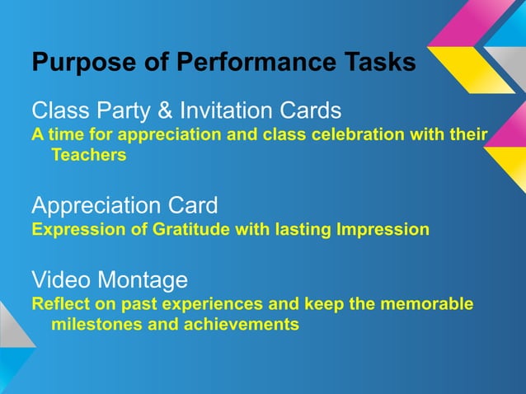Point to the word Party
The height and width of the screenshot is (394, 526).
pos(129,110)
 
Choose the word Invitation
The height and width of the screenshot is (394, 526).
pos(233,110)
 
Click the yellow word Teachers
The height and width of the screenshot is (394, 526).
pos(88,154)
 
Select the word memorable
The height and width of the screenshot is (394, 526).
pos(430,305)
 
